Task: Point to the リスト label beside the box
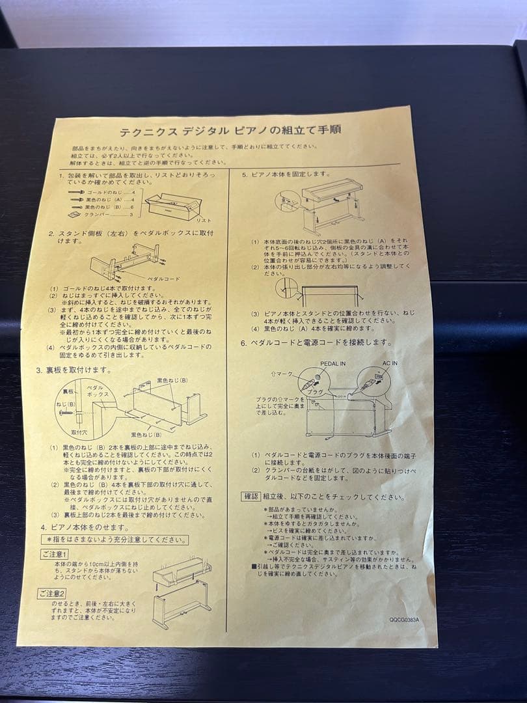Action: pyautogui.click(x=204, y=221)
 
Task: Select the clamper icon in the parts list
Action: pyautogui.click(x=74, y=214)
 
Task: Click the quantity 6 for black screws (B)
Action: pyautogui.click(x=132, y=207)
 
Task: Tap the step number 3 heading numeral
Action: pyautogui.click(x=38, y=370)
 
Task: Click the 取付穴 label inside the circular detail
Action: pyautogui.click(x=79, y=432)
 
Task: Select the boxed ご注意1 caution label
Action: pyautogui.click(x=55, y=554)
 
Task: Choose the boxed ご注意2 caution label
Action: pyautogui.click(x=52, y=593)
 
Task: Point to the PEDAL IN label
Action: pyautogui.click(x=333, y=363)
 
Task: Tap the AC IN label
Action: pyautogui.click(x=390, y=363)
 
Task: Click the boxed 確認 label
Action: pyautogui.click(x=250, y=497)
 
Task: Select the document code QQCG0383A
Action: pyautogui.click(x=404, y=620)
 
